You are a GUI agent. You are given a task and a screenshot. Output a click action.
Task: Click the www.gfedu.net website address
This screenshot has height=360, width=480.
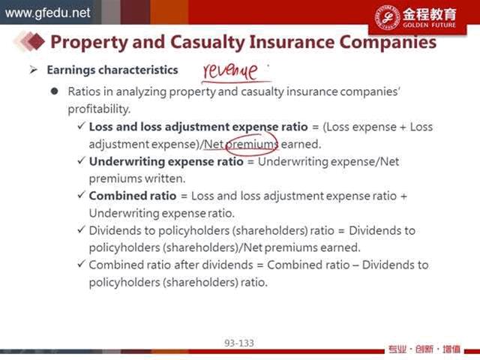tap(48, 13)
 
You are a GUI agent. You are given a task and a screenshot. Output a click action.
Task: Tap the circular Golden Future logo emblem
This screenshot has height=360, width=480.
tap(387, 17)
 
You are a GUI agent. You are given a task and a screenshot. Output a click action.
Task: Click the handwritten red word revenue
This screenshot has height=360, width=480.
tap(230, 71)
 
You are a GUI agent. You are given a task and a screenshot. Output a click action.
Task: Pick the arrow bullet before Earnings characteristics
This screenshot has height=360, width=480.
tap(33, 70)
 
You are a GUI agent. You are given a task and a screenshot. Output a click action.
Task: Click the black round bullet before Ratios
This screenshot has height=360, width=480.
tap(55, 91)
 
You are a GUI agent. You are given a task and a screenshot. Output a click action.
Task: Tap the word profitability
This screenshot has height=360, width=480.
tap(99, 109)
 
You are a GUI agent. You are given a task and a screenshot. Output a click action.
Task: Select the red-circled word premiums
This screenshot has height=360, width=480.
tap(252, 144)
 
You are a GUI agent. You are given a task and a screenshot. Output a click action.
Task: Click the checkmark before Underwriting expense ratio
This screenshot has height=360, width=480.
tap(81, 160)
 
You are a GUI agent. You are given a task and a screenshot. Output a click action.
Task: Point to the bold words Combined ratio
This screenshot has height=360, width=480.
tap(133, 196)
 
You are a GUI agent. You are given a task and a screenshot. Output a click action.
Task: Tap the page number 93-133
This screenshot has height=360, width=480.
tap(239, 343)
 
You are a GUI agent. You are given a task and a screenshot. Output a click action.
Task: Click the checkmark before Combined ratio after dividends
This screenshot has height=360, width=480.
tap(81, 263)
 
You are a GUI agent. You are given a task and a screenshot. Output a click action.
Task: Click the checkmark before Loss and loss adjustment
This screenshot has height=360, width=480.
tap(81, 125)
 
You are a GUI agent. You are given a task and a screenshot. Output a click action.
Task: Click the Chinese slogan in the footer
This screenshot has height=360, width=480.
tap(424, 349)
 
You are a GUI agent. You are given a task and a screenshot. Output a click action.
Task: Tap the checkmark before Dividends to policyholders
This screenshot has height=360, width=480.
tap(81, 229)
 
